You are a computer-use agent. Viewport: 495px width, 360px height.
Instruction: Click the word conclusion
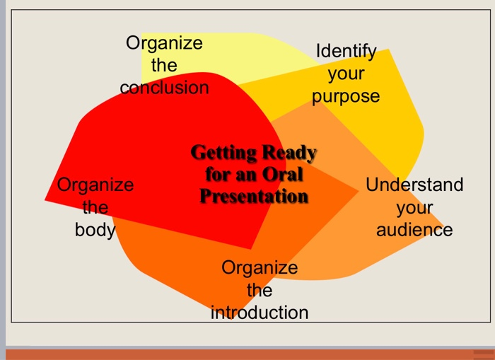tap(164, 88)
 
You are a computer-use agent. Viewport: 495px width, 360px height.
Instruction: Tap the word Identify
tap(346, 52)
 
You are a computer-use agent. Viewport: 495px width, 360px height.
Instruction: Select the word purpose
tap(346, 96)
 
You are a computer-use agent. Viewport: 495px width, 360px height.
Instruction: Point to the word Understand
tap(414, 185)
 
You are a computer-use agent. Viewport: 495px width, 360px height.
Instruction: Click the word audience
tap(414, 230)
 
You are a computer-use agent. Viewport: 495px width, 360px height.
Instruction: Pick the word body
tap(95, 230)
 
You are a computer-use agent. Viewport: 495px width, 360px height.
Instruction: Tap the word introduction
tap(260, 312)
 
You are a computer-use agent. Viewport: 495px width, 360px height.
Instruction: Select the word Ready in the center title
tap(289, 153)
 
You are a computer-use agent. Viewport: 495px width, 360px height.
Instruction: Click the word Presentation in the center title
tap(254, 196)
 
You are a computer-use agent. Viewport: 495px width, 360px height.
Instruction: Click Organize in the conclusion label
tap(164, 43)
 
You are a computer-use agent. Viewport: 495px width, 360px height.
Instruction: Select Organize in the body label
tap(95, 185)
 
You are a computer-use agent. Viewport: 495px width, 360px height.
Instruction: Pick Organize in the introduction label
tap(260, 267)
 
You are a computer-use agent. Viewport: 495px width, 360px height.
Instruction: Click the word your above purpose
tap(346, 74)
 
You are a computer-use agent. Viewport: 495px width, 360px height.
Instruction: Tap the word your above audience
tap(414, 208)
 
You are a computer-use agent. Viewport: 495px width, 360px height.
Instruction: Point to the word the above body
tap(95, 208)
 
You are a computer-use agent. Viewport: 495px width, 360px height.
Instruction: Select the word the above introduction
tap(260, 290)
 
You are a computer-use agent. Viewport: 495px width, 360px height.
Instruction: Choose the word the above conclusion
tap(164, 66)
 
